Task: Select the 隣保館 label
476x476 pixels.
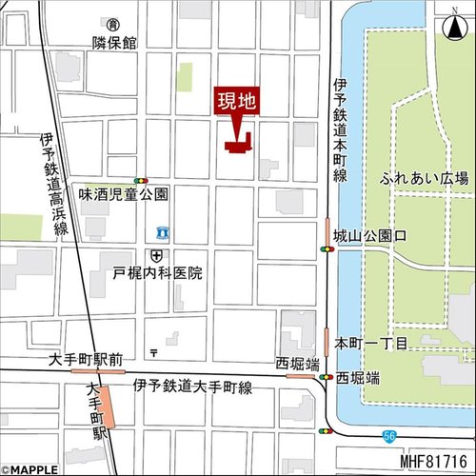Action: (114, 43)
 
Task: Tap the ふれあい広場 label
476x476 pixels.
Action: (423, 178)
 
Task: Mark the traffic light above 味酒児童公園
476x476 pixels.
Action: (141, 179)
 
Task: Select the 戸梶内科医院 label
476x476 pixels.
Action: (157, 273)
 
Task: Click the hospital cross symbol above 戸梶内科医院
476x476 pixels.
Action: (156, 255)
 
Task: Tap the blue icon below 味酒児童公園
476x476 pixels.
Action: (162, 232)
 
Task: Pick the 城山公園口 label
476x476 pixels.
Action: (369, 233)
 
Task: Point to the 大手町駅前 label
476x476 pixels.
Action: (87, 359)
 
